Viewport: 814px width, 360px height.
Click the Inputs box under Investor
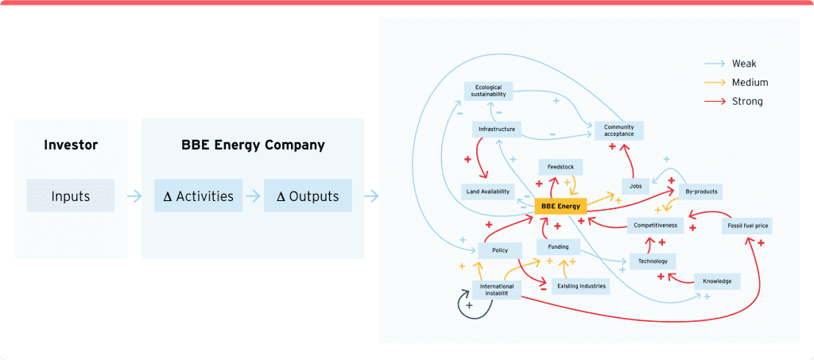pyautogui.click(x=71, y=195)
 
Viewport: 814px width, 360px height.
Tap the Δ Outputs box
pyautogui.click(x=307, y=196)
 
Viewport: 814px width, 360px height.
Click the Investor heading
pyautogui.click(x=71, y=145)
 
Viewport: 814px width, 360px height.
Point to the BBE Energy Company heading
pyautogui.click(x=252, y=145)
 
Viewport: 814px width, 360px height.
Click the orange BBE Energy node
pyautogui.click(x=560, y=207)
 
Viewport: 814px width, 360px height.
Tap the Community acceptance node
pyautogui.click(x=618, y=130)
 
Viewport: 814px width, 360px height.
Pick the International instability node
pyautogui.click(x=497, y=290)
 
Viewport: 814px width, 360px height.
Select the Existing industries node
pyautogui.click(x=581, y=285)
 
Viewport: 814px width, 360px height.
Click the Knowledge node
pyautogui.click(x=717, y=281)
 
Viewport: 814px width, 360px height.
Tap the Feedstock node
pyautogui.click(x=560, y=167)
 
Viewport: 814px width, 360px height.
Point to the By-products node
pyautogui.click(x=702, y=192)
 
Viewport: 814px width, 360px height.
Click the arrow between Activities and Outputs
pyautogui.click(x=252, y=196)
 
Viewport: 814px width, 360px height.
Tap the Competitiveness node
pyautogui.click(x=655, y=226)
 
